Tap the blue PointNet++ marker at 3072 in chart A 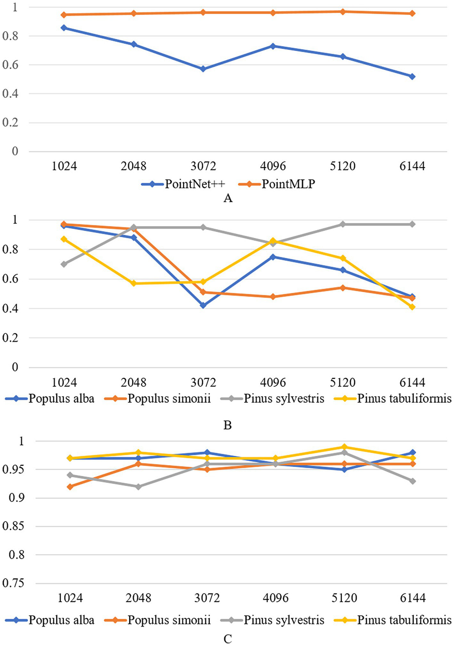[x=203, y=69]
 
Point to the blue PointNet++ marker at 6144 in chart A [x=412, y=77]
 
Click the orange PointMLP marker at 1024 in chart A [x=64, y=15]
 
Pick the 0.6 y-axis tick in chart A [x=10, y=65]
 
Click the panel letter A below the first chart [x=228, y=199]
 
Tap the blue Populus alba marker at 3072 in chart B [x=203, y=305]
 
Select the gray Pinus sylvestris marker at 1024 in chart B [x=64, y=264]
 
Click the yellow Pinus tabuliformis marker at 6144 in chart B [x=412, y=307]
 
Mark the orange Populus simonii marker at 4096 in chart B [x=273, y=297]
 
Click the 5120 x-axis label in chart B [x=343, y=383]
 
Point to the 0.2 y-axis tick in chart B [x=10, y=338]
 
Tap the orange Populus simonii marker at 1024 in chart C [x=70, y=487]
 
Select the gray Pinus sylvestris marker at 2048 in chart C [x=138, y=487]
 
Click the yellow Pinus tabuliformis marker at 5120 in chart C [x=344, y=447]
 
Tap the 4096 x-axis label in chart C [x=276, y=598]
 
